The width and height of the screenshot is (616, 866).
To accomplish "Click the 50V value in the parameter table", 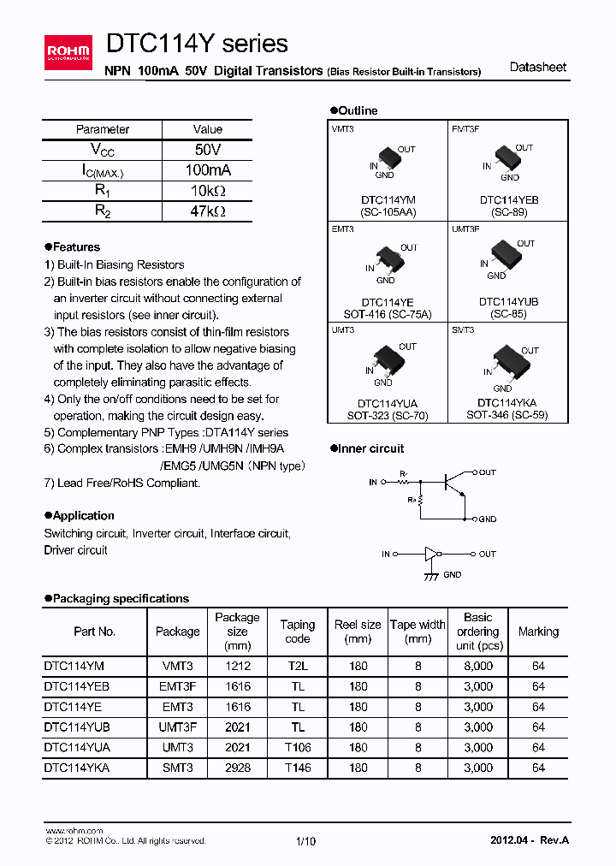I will pos(208,150).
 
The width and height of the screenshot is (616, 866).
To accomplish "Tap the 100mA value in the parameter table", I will pos(208,170).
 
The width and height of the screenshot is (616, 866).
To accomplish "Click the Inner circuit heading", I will pos(370,448).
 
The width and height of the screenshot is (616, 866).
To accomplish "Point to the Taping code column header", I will pos(298,632).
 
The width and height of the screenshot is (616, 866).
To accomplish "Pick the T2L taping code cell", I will pos(298,665).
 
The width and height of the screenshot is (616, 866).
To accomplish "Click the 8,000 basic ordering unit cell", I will pos(478,665).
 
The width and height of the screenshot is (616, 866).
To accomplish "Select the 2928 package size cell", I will pos(238,768).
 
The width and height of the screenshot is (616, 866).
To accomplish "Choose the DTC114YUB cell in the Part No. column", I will pos(77,727).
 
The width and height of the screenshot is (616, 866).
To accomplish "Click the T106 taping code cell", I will pos(298,747).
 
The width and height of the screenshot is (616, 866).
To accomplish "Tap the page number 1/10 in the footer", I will pos(306,841).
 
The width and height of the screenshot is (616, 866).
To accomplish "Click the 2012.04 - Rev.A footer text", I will pos(529,840).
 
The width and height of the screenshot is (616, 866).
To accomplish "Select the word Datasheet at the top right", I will pos(538,68).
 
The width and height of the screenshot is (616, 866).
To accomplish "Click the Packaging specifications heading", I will pos(120,598).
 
